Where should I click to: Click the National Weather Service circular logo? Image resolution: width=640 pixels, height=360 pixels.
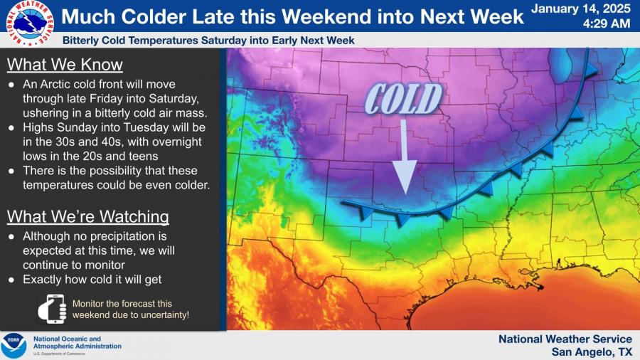30,23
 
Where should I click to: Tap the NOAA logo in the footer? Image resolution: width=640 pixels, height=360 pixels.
14,346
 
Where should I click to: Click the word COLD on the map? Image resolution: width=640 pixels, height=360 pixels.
403,99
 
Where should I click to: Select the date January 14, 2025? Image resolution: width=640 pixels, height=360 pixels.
581,9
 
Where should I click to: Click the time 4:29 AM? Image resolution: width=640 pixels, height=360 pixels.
607,23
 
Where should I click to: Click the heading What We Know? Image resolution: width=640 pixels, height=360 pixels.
65,65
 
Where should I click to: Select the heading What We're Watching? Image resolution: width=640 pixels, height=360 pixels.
87,217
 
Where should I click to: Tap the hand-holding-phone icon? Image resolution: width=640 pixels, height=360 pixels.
52,309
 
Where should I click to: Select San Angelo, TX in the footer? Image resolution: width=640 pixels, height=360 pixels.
592,352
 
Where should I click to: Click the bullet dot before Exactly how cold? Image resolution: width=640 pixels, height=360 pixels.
11,280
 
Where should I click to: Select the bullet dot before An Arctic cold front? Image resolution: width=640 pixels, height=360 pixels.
11,85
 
